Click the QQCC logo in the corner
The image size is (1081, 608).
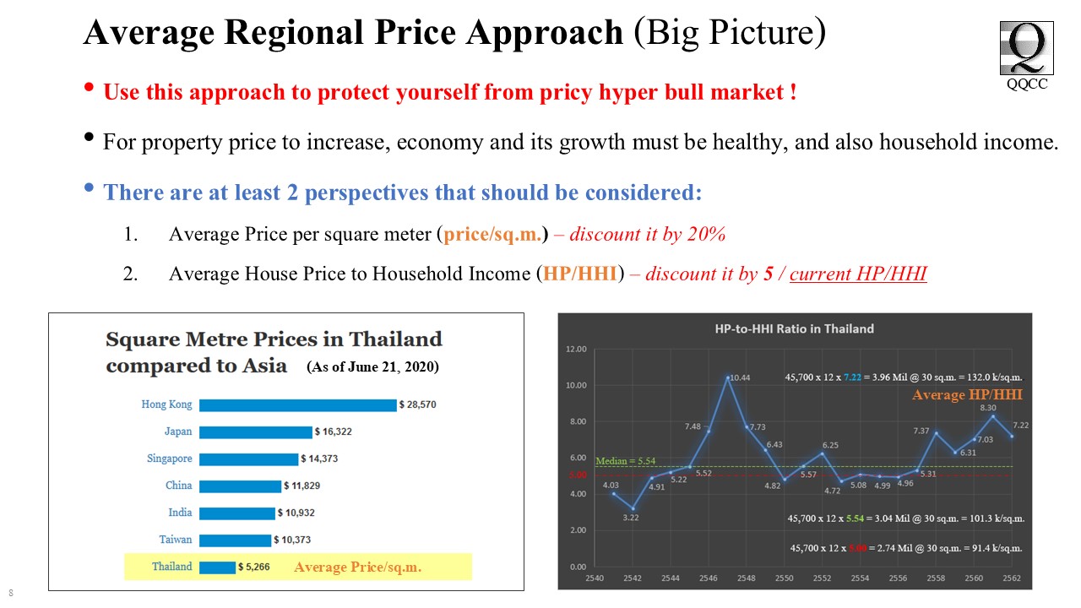tap(1027, 49)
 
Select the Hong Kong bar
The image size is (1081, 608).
tap(297, 405)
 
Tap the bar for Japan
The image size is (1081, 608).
tap(255, 432)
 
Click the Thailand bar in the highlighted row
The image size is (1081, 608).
tap(217, 567)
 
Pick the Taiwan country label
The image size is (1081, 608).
tap(176, 540)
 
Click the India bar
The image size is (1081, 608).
tap(236, 513)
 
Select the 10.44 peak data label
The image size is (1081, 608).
tap(741, 377)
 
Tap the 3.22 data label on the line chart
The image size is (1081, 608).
tap(632, 518)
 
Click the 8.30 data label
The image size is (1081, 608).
tap(988, 408)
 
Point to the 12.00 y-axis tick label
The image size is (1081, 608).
tap(576, 349)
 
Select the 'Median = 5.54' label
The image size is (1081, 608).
tap(626, 462)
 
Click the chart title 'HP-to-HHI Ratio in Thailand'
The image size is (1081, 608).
tap(794, 328)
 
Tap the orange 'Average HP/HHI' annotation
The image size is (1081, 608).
tap(967, 395)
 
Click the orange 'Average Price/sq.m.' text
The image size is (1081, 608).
tap(357, 567)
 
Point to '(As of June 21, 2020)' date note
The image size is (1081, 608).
tap(372, 367)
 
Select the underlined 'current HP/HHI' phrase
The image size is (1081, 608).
tap(858, 274)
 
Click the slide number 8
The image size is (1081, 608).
tap(11, 593)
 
